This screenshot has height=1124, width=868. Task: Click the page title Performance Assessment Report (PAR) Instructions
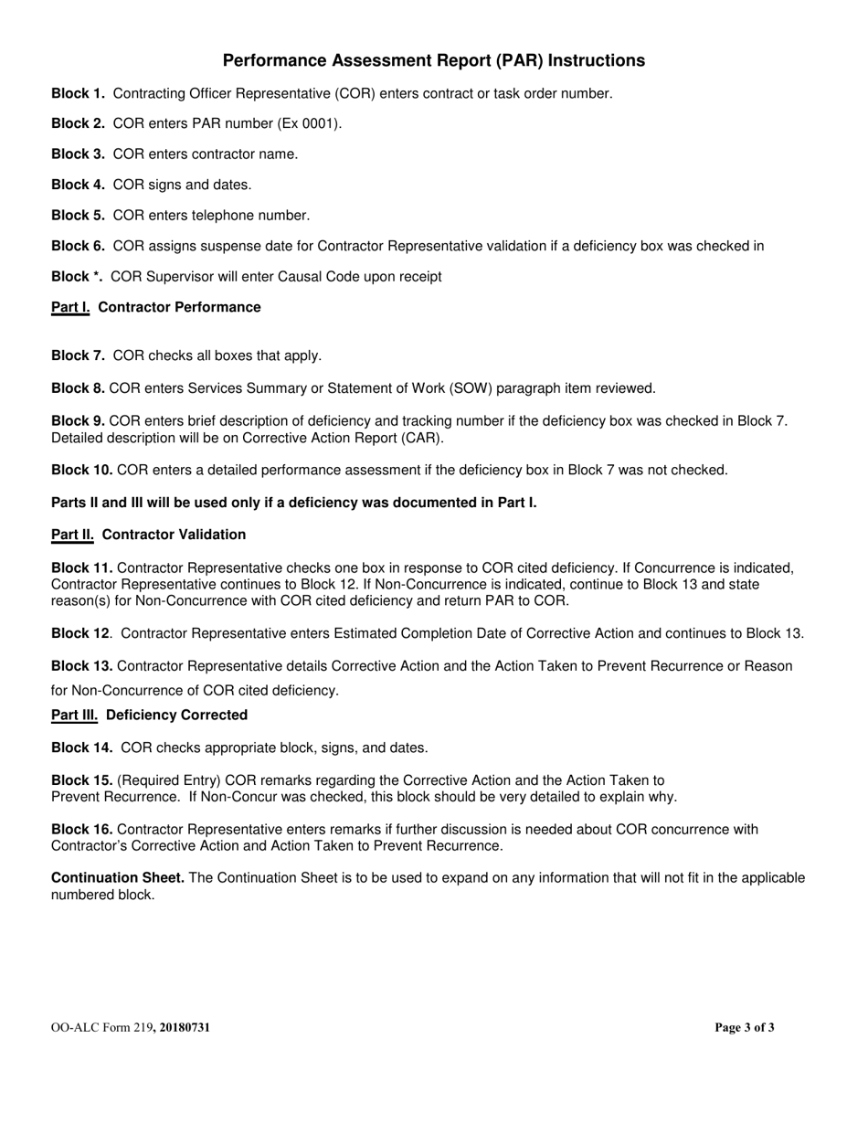pos(433,60)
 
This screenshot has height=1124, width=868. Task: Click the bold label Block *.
pos(77,277)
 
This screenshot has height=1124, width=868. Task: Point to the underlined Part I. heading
pos(70,307)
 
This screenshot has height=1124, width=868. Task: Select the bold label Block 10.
pos(81,470)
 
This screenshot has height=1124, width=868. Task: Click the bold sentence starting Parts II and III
pos(293,503)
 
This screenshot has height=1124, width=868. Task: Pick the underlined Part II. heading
pos(73,535)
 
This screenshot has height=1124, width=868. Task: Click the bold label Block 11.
pos(81,568)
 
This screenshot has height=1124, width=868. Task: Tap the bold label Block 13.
pos(81,666)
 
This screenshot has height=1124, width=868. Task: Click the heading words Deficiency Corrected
pos(176,715)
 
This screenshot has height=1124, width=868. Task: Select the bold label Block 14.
pos(81,748)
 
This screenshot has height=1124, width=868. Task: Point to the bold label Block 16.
pos(81,830)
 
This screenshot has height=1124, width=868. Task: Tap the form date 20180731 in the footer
pos(185,1028)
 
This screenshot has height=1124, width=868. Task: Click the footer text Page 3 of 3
pos(744,1028)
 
